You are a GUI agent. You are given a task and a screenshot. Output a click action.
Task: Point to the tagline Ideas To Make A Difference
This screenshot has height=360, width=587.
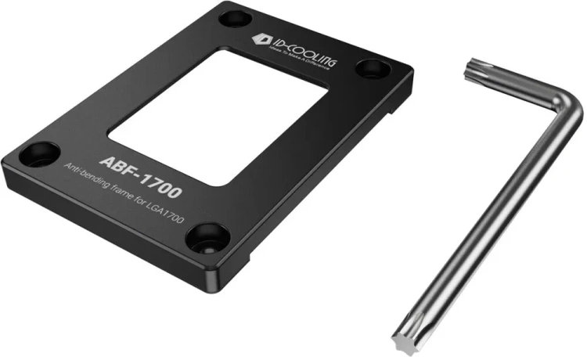pyautogui.click(x=301, y=59)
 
